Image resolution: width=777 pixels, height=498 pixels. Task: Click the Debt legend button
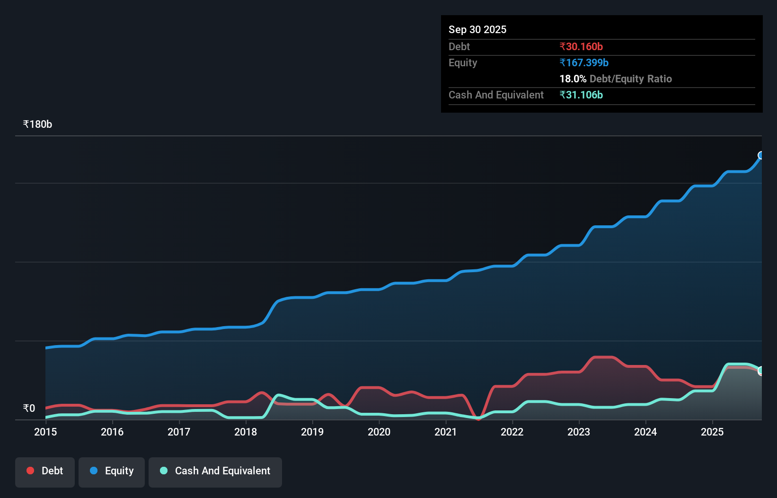click(45, 471)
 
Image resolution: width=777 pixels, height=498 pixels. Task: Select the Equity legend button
click(112, 471)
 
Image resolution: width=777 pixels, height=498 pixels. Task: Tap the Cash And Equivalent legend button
click(215, 471)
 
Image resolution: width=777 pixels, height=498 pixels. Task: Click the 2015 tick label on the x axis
click(45, 432)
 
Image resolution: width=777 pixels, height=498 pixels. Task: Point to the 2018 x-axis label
click(246, 432)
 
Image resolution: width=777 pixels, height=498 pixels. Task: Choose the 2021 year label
click(446, 432)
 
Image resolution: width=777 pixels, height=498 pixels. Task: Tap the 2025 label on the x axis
click(712, 432)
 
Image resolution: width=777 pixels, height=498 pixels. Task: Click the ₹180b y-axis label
click(37, 124)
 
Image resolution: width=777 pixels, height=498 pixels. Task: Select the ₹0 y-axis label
click(29, 408)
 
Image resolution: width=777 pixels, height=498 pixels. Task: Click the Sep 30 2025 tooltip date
click(477, 29)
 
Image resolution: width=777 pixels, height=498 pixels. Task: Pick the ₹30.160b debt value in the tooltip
click(581, 46)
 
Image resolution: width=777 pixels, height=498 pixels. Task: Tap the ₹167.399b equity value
click(583, 62)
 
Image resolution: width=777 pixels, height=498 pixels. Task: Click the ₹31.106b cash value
click(581, 95)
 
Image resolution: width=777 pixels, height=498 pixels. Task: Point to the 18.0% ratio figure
click(573, 79)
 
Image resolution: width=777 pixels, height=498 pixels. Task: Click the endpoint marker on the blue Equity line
click(761, 155)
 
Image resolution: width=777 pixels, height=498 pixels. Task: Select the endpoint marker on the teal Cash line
click(761, 371)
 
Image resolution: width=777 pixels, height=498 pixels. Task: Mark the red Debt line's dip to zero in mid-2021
click(478, 418)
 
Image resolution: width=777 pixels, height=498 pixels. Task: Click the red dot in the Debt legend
click(30, 471)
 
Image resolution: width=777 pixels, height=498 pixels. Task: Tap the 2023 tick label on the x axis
click(579, 432)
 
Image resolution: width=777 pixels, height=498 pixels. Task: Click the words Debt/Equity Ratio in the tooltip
click(630, 79)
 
